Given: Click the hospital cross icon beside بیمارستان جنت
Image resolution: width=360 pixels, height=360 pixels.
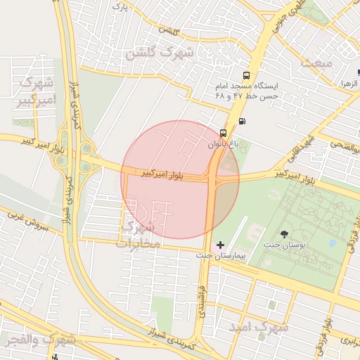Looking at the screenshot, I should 221,245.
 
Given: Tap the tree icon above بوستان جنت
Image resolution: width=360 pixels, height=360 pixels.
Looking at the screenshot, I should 284,233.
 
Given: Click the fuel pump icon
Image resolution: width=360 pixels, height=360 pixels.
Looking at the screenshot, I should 243,120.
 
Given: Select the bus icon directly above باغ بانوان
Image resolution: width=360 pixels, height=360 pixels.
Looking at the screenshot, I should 223,132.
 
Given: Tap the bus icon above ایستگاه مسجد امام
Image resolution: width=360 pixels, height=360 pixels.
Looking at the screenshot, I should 246,75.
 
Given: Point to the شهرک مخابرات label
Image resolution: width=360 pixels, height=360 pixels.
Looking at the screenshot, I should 141,236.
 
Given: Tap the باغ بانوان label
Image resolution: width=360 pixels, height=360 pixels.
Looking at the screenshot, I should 223,143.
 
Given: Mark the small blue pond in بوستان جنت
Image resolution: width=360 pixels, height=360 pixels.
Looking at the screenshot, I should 332,243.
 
